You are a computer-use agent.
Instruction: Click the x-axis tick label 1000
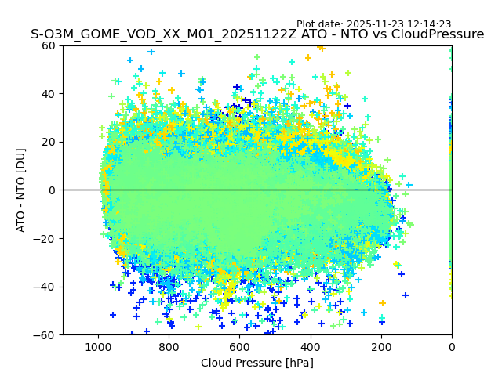[x=98, y=347]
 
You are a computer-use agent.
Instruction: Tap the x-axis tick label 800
[x=169, y=347]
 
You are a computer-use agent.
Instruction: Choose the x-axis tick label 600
[x=239, y=347]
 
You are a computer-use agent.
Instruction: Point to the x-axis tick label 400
[x=311, y=347]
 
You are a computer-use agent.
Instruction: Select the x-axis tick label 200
[x=381, y=347]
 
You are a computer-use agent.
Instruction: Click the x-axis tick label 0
[x=452, y=347]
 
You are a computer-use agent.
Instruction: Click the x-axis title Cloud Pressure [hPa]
[x=257, y=363]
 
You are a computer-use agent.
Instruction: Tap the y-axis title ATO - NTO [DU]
[x=21, y=190]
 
